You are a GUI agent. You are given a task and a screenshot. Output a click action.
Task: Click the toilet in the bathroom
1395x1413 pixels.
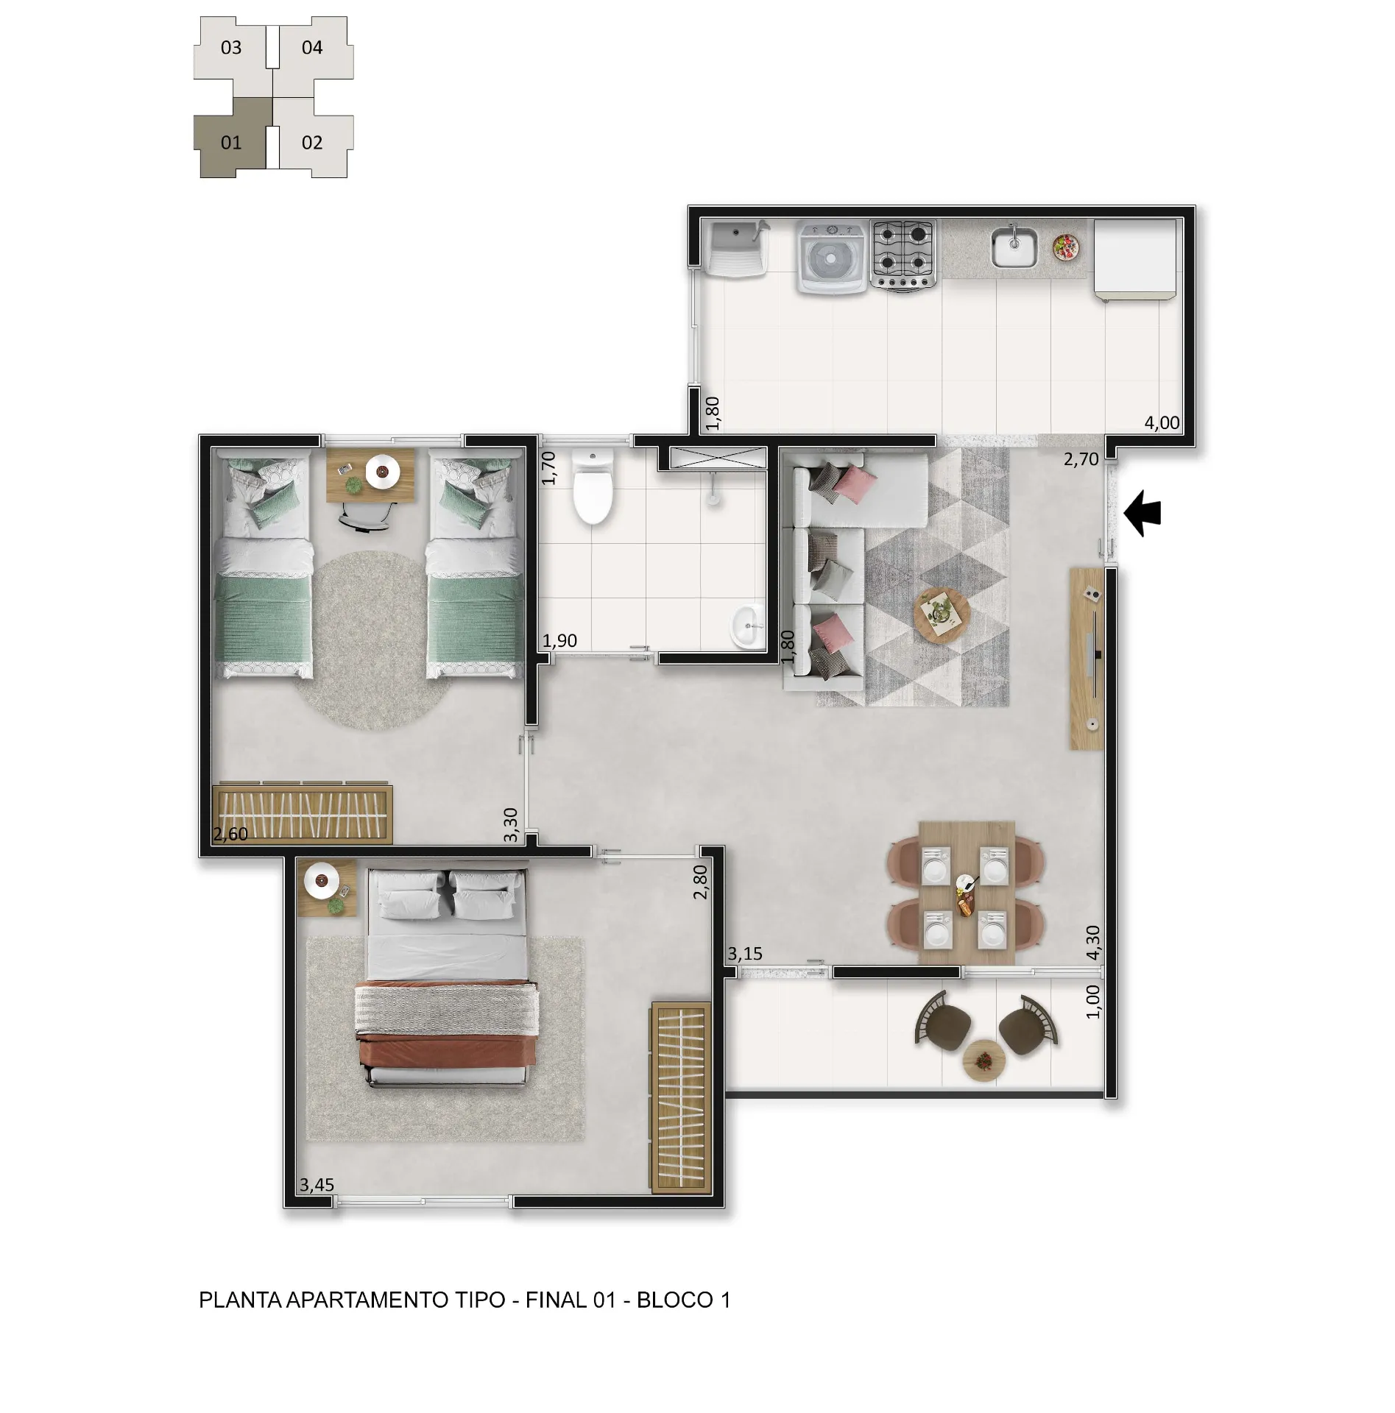point(593,486)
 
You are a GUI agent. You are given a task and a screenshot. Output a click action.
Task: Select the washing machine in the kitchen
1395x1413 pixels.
point(832,258)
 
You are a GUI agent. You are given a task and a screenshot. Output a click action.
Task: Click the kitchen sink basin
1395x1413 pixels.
point(1014,247)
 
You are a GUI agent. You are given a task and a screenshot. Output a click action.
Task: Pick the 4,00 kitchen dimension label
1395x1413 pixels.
point(1162,423)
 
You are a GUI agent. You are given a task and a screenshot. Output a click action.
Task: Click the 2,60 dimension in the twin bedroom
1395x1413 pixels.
point(230,834)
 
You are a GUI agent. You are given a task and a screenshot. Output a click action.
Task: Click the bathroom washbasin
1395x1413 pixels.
point(746,626)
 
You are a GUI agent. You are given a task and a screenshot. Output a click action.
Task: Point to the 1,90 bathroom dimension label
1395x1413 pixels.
point(559,641)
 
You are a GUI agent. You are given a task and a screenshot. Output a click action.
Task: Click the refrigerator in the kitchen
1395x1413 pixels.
point(1134,259)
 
